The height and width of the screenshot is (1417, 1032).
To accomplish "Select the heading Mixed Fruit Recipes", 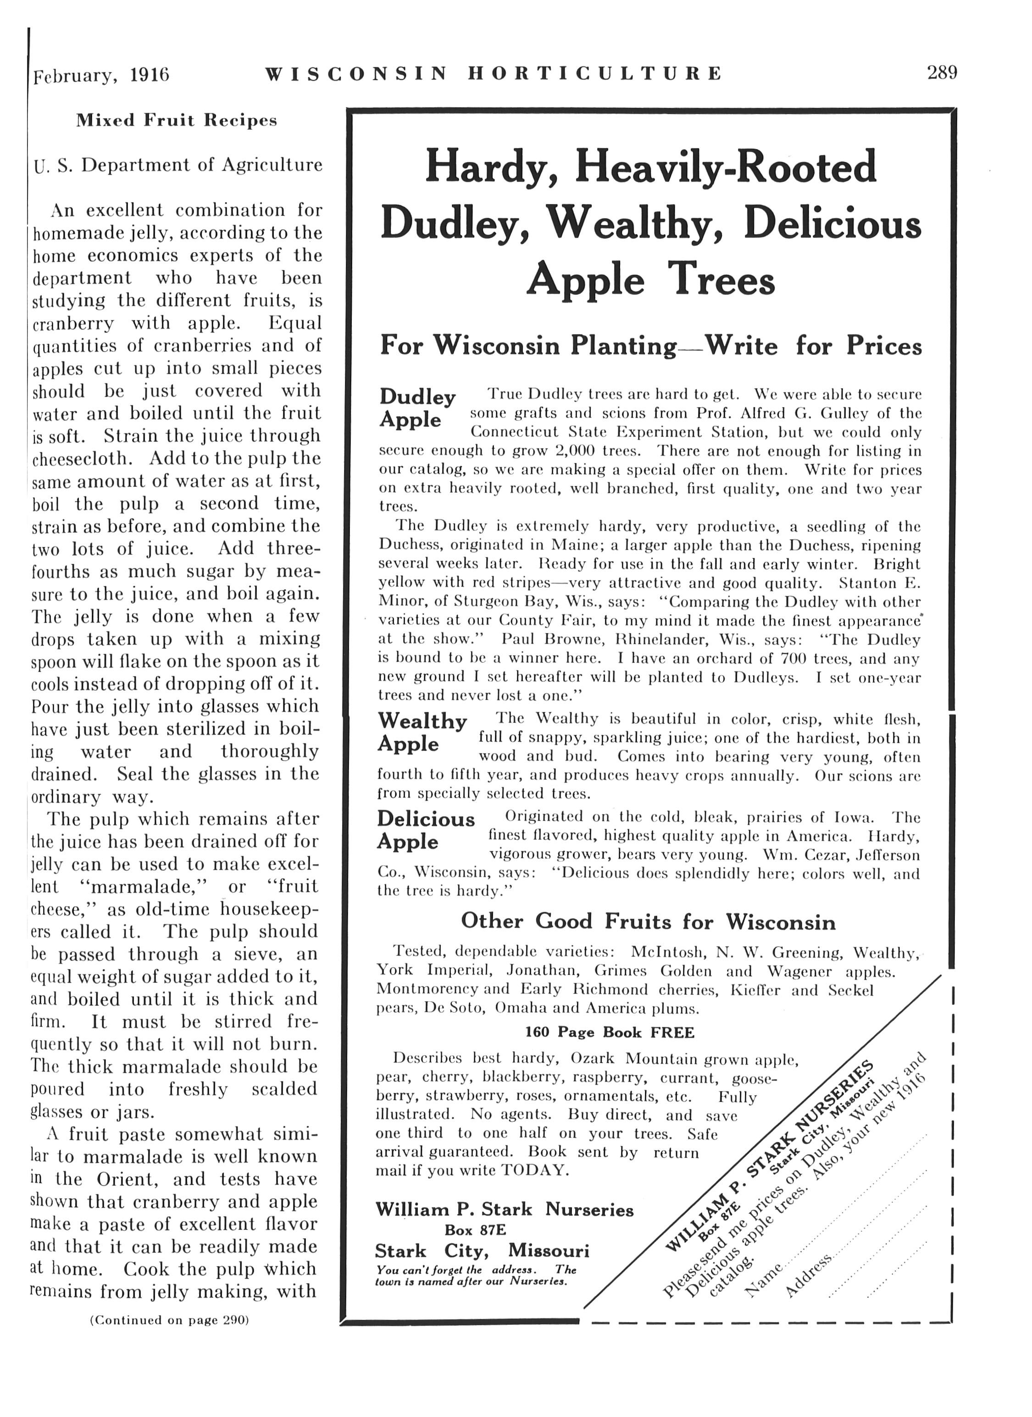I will [176, 120].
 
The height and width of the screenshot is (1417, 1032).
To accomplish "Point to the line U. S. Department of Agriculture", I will [178, 165].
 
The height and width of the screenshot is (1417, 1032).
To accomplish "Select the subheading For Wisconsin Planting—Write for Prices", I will [650, 346].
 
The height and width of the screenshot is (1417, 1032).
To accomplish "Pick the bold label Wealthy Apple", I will [422, 732].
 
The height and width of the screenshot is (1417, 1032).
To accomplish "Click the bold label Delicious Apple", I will [425, 830].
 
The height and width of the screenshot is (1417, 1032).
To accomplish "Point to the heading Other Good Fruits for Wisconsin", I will [648, 921].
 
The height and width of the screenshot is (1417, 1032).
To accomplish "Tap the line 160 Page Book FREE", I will [610, 1032].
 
